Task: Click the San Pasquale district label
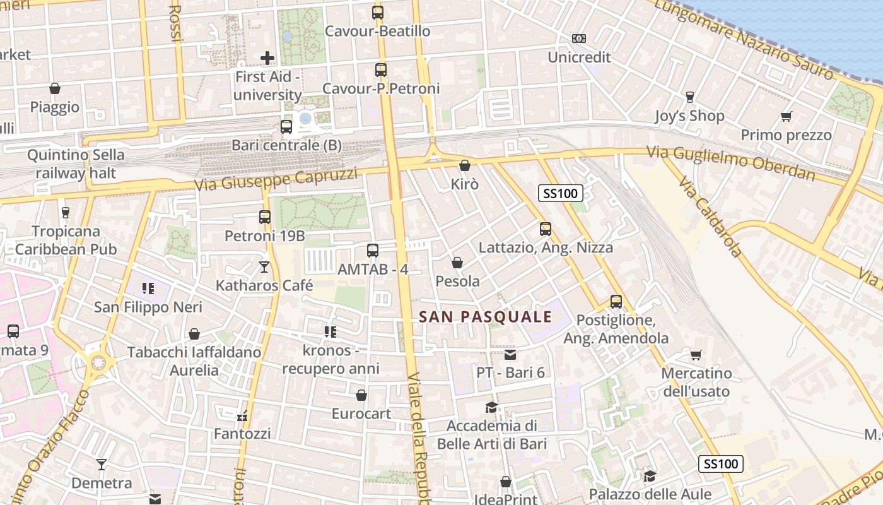pyautogui.click(x=486, y=317)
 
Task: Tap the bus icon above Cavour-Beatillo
pyautogui.click(x=378, y=12)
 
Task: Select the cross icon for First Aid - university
pyautogui.click(x=267, y=58)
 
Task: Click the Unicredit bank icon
pyautogui.click(x=579, y=39)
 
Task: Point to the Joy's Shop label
pyautogui.click(x=689, y=116)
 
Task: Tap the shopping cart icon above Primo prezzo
pyautogui.click(x=786, y=116)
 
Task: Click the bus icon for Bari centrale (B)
pyautogui.click(x=286, y=126)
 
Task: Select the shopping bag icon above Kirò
pyautogui.click(x=465, y=165)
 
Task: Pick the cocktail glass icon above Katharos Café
pyautogui.click(x=264, y=267)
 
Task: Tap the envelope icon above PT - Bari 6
pyautogui.click(x=510, y=354)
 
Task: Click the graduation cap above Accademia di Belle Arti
pyautogui.click(x=492, y=407)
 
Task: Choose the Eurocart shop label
pyautogui.click(x=361, y=414)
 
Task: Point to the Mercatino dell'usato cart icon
pyautogui.click(x=696, y=355)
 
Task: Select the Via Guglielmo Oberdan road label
pyautogui.click(x=730, y=163)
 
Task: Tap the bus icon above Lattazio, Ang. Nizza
pyautogui.click(x=546, y=229)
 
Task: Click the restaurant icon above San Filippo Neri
pyautogui.click(x=148, y=288)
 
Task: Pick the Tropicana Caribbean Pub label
pyautogui.click(x=66, y=241)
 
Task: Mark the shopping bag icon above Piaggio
pyautogui.click(x=55, y=88)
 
